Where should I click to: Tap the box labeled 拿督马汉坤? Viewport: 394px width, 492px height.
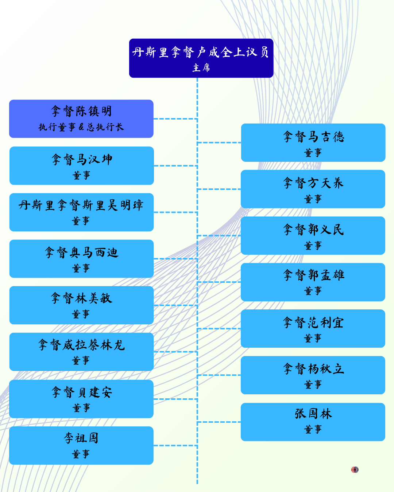[81, 165]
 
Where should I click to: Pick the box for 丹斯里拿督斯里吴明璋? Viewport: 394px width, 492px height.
[81, 212]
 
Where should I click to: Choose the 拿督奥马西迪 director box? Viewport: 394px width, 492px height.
[81, 259]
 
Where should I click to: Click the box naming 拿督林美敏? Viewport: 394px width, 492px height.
[81, 305]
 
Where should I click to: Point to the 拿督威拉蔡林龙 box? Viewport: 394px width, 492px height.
[81, 352]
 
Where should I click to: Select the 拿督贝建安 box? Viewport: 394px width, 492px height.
[81, 399]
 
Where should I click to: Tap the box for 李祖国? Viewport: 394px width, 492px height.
[81, 445]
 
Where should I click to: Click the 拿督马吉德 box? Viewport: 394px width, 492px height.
[313, 142]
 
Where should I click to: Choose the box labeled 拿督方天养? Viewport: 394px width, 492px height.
[313, 189]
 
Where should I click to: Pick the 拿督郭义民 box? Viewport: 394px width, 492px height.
[313, 235]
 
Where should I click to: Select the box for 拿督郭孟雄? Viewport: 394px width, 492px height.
[313, 282]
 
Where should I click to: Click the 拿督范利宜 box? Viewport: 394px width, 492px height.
[313, 328]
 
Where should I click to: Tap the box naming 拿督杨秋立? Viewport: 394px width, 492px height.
[313, 375]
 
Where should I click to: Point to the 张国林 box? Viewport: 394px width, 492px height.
[313, 422]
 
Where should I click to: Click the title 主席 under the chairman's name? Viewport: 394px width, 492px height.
[201, 68]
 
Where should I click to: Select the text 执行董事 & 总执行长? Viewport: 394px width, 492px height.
[81, 127]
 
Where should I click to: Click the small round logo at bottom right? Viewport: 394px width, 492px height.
[355, 470]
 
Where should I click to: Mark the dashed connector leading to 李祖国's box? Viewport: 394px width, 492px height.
[175, 445]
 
